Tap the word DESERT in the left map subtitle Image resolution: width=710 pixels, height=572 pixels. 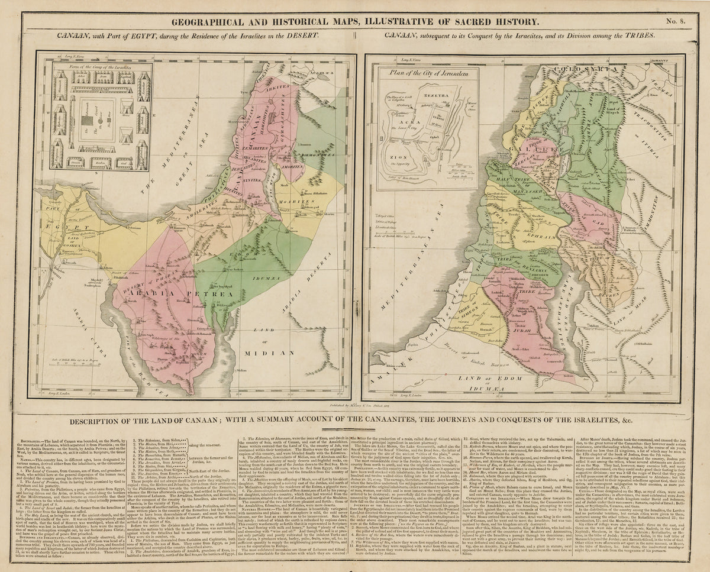pyautogui.click(x=305, y=35)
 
